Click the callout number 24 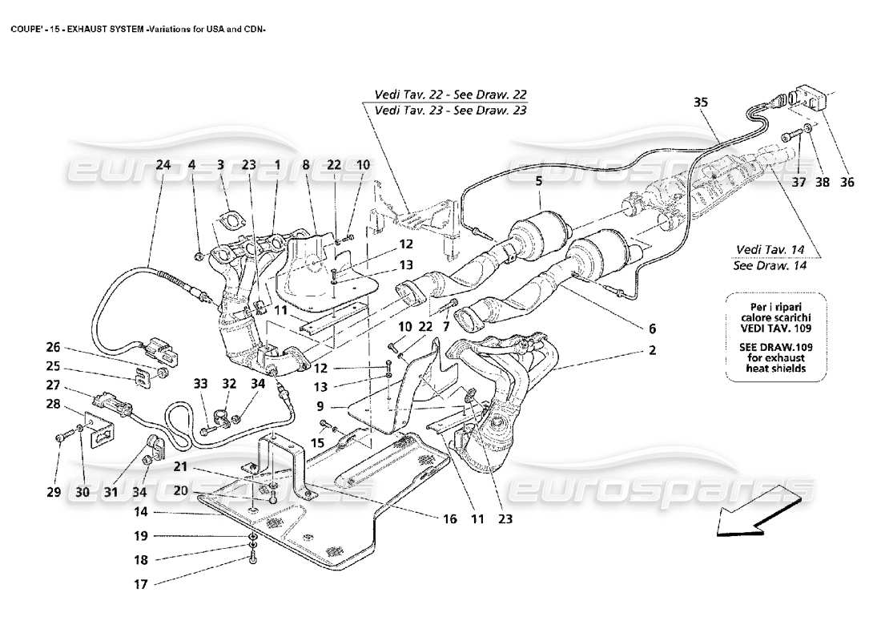coord(163,165)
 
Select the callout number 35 coord(701,103)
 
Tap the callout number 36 coord(847,182)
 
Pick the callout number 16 coord(449,519)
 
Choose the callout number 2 coord(652,350)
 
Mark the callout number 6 coord(652,329)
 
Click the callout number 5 coord(540,182)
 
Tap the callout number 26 coord(53,348)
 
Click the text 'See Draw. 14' coord(769,266)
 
